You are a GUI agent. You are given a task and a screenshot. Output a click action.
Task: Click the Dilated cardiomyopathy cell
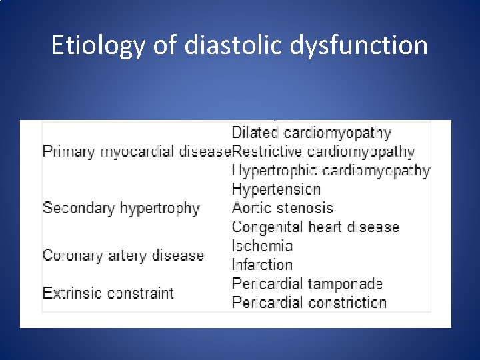[x=311, y=133]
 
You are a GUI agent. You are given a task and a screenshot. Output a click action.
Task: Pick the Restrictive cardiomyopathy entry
[x=323, y=152]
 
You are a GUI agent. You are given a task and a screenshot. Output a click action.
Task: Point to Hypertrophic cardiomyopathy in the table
[x=331, y=171]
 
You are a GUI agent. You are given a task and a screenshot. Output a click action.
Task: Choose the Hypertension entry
[x=276, y=190]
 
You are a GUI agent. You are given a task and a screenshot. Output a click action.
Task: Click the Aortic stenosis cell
[x=282, y=209]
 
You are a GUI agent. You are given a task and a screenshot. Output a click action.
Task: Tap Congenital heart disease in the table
[x=315, y=227]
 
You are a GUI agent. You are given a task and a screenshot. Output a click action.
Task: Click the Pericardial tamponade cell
[x=307, y=283]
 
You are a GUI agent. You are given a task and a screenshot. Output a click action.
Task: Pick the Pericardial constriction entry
[x=309, y=302]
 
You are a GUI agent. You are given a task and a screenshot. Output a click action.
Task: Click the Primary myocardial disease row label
[x=136, y=152]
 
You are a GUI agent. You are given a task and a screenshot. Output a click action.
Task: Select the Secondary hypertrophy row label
[x=121, y=209]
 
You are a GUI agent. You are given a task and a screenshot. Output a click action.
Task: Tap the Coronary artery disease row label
[x=123, y=255]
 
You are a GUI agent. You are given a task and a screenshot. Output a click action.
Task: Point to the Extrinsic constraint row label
[x=107, y=293]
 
